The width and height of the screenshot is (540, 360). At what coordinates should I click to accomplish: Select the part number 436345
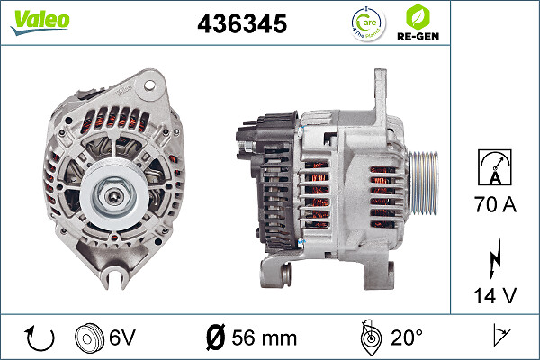click(242, 25)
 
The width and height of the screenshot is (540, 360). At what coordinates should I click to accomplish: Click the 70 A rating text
click(495, 205)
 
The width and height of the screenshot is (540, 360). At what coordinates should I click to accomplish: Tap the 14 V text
click(495, 295)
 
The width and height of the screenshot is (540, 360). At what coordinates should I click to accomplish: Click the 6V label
click(121, 338)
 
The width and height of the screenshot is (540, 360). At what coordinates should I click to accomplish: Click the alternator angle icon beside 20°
click(368, 337)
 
